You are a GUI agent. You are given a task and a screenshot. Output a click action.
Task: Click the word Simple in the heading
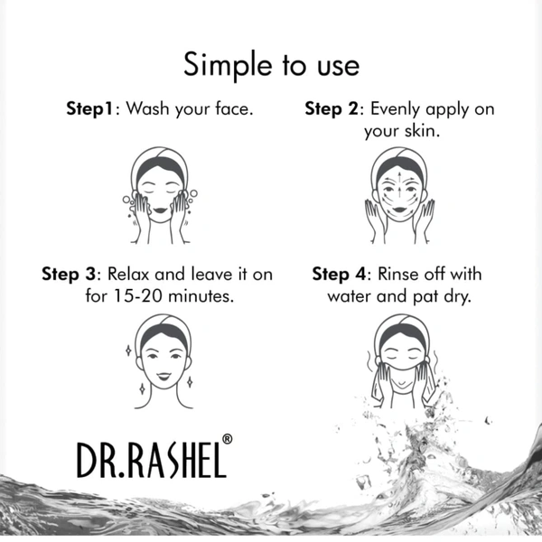228,66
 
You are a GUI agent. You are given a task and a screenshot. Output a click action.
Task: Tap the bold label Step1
89,109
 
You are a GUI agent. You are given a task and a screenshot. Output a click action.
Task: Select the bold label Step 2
332,109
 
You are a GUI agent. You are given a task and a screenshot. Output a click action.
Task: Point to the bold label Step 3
69,275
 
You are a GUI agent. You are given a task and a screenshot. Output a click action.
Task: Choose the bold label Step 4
339,275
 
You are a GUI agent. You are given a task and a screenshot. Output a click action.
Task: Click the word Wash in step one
147,108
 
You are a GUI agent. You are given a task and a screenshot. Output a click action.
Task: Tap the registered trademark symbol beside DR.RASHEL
227,439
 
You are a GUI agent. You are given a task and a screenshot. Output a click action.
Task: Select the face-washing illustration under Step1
160,195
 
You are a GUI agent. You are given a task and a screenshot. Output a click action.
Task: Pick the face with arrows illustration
399,195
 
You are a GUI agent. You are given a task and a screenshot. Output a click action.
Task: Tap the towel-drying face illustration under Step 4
402,361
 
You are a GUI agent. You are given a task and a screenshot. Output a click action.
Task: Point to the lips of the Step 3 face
164,376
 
